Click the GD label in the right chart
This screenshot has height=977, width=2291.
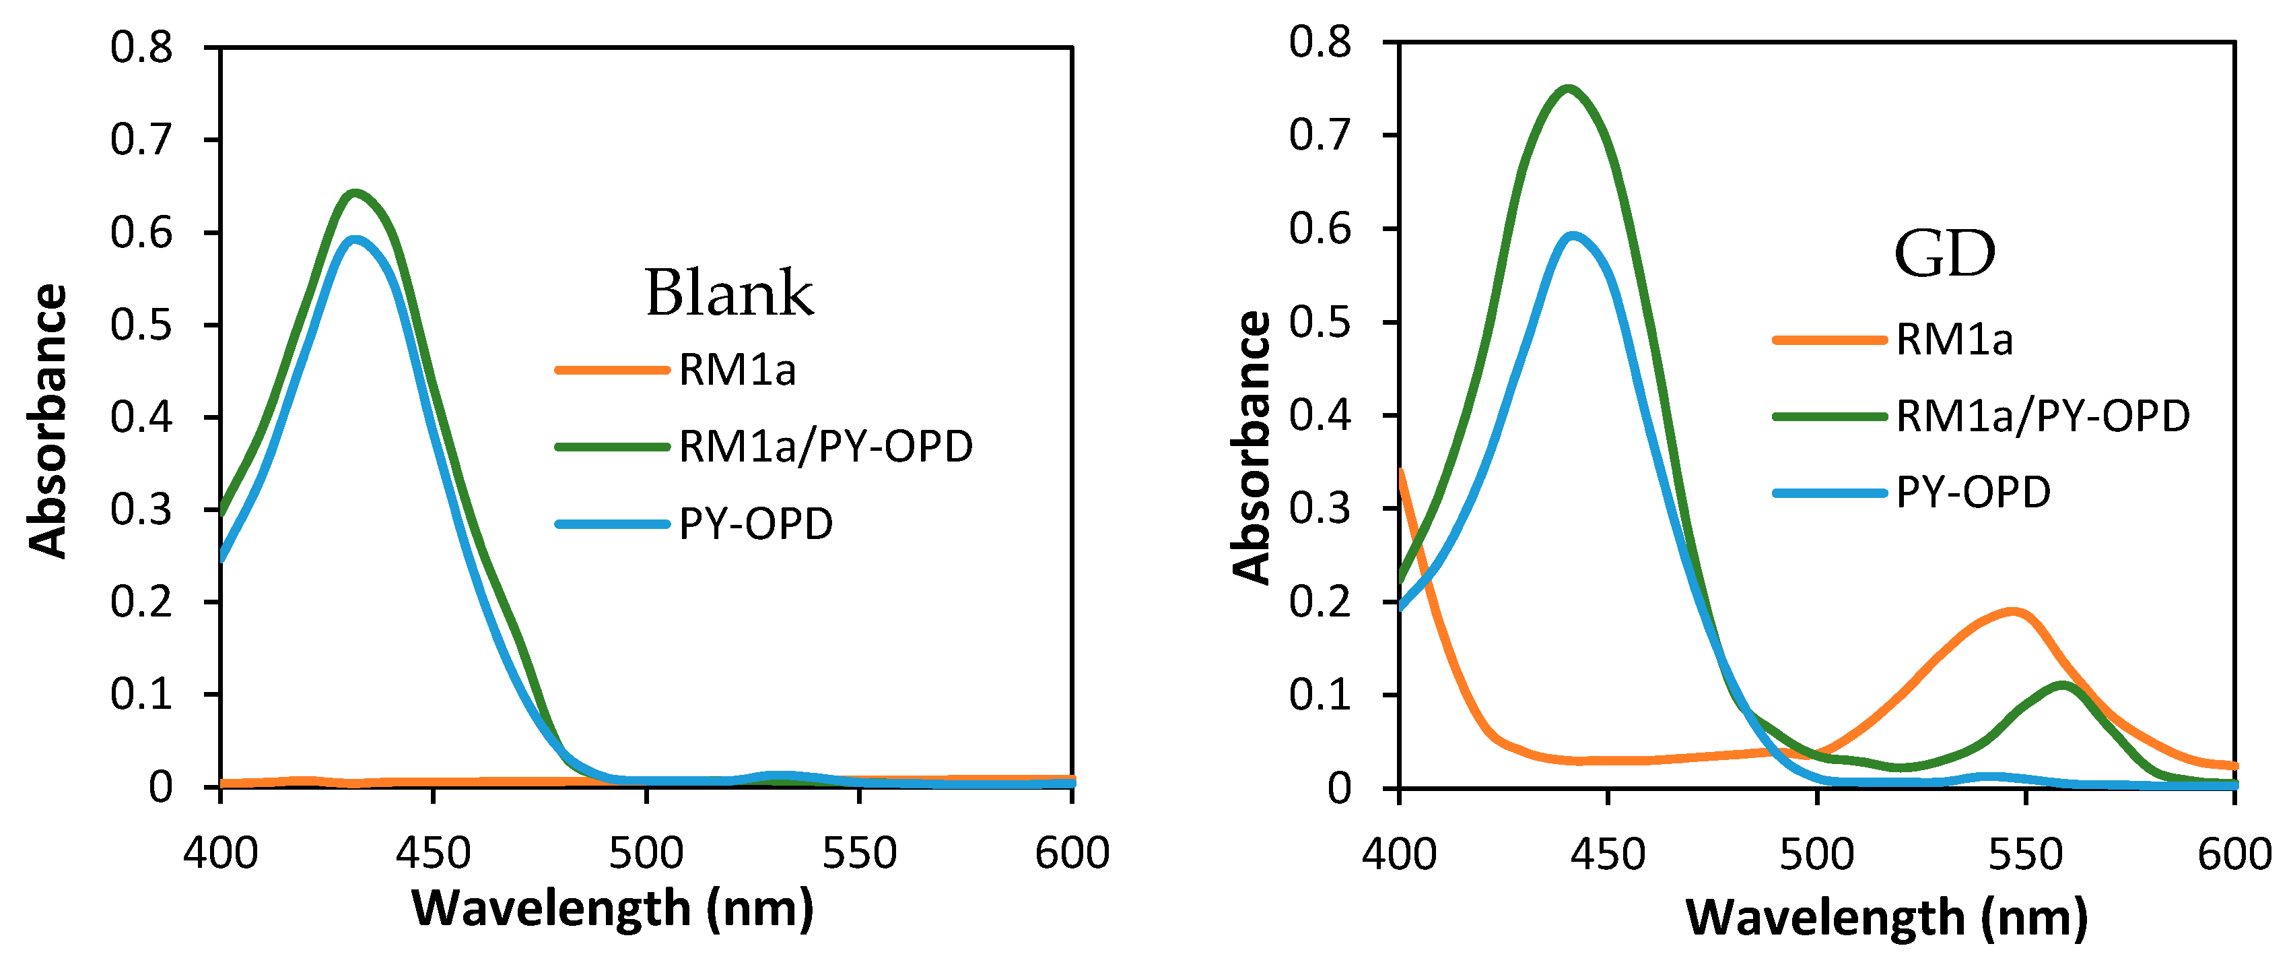point(1944,255)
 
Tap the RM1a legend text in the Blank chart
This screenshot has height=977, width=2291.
point(737,370)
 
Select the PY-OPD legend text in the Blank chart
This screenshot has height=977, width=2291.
point(755,524)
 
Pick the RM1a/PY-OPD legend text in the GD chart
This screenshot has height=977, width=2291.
point(2042,416)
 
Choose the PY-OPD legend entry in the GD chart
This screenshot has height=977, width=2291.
point(1973,492)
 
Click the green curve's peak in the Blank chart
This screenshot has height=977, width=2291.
point(355,193)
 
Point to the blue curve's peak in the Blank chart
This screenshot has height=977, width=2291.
point(355,239)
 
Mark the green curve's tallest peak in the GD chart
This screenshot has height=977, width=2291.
point(1568,88)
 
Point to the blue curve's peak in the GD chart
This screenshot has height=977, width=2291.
point(1573,236)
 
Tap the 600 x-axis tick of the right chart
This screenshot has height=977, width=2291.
point(2234,855)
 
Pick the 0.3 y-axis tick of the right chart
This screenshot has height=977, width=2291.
point(1320,508)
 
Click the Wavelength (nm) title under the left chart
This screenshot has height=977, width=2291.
point(613,908)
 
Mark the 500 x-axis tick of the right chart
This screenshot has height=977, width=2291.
point(1816,855)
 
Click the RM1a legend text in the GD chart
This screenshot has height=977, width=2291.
point(1953,340)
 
